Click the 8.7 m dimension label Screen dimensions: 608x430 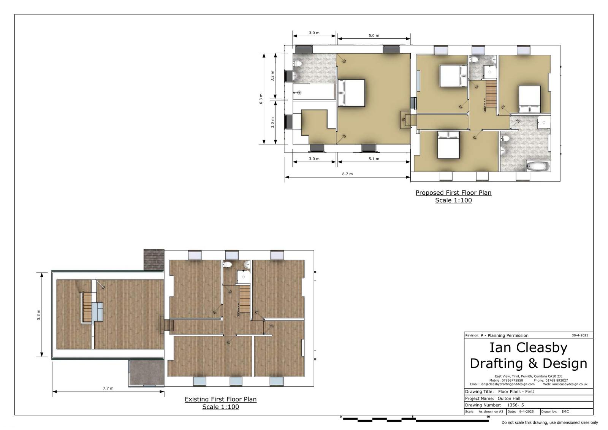[347, 174]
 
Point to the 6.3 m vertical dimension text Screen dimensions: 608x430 [261, 99]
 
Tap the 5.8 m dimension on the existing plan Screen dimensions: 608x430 [38, 314]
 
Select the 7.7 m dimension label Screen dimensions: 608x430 [108, 388]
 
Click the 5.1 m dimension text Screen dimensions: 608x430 [374, 159]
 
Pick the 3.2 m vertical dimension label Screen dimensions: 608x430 [272, 76]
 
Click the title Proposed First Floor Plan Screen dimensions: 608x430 [453, 193]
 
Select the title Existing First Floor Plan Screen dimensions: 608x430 [220, 399]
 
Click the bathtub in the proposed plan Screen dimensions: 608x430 [538, 166]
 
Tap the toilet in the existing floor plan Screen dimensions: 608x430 [228, 264]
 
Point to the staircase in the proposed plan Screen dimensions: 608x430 [491, 94]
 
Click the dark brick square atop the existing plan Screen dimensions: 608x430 [154, 260]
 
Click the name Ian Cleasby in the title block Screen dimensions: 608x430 [528, 348]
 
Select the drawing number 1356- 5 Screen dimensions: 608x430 [515, 405]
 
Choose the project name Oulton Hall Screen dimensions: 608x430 [509, 398]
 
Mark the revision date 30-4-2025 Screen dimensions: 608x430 [580, 335]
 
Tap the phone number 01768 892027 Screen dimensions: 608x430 [558, 381]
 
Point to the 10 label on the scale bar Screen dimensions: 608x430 [488, 417]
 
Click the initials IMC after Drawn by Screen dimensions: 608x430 [565, 411]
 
